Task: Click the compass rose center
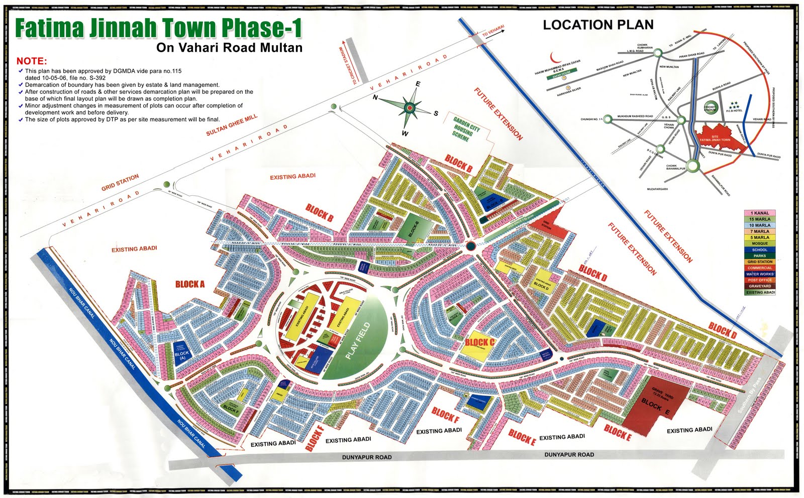[x=410, y=107]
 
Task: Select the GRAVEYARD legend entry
[x=759, y=286]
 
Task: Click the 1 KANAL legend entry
[x=759, y=213]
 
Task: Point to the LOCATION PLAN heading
[x=598, y=25]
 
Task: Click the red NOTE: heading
[x=32, y=61]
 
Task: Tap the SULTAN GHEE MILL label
[x=232, y=125]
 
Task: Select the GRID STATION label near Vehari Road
[x=120, y=183]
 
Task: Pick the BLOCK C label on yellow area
[x=480, y=343]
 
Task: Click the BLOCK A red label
[x=190, y=284]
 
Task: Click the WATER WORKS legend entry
[x=759, y=274]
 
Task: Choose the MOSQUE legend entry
[x=759, y=243]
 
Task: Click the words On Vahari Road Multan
[x=229, y=48]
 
